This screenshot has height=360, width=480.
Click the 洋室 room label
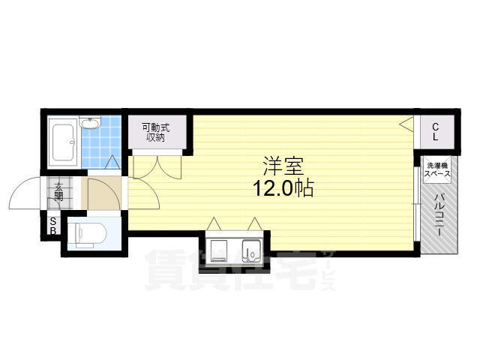[283, 166]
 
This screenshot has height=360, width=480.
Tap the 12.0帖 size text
[283, 188]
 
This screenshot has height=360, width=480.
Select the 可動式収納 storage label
[156, 133]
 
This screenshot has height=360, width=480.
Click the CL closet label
[436, 132]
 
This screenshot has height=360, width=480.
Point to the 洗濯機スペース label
[436, 170]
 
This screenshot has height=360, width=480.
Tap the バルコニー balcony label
[439, 214]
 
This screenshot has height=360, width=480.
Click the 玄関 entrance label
[58, 192]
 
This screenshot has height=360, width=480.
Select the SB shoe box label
[53, 226]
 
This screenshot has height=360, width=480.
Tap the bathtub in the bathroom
[63, 142]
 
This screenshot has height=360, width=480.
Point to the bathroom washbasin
[90, 122]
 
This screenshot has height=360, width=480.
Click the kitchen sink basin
[252, 251]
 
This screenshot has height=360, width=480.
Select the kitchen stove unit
[219, 250]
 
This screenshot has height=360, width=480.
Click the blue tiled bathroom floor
[101, 142]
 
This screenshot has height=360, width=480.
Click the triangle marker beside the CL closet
[406, 124]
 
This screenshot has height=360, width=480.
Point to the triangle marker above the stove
[214, 223]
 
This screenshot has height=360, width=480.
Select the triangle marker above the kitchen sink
[254, 223]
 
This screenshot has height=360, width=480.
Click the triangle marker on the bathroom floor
[112, 162]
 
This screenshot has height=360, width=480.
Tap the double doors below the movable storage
[157, 166]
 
